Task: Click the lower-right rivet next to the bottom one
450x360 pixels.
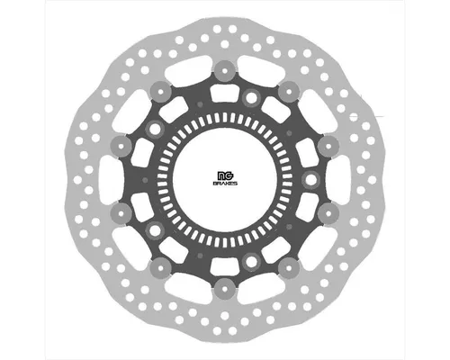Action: tap(288, 267)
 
